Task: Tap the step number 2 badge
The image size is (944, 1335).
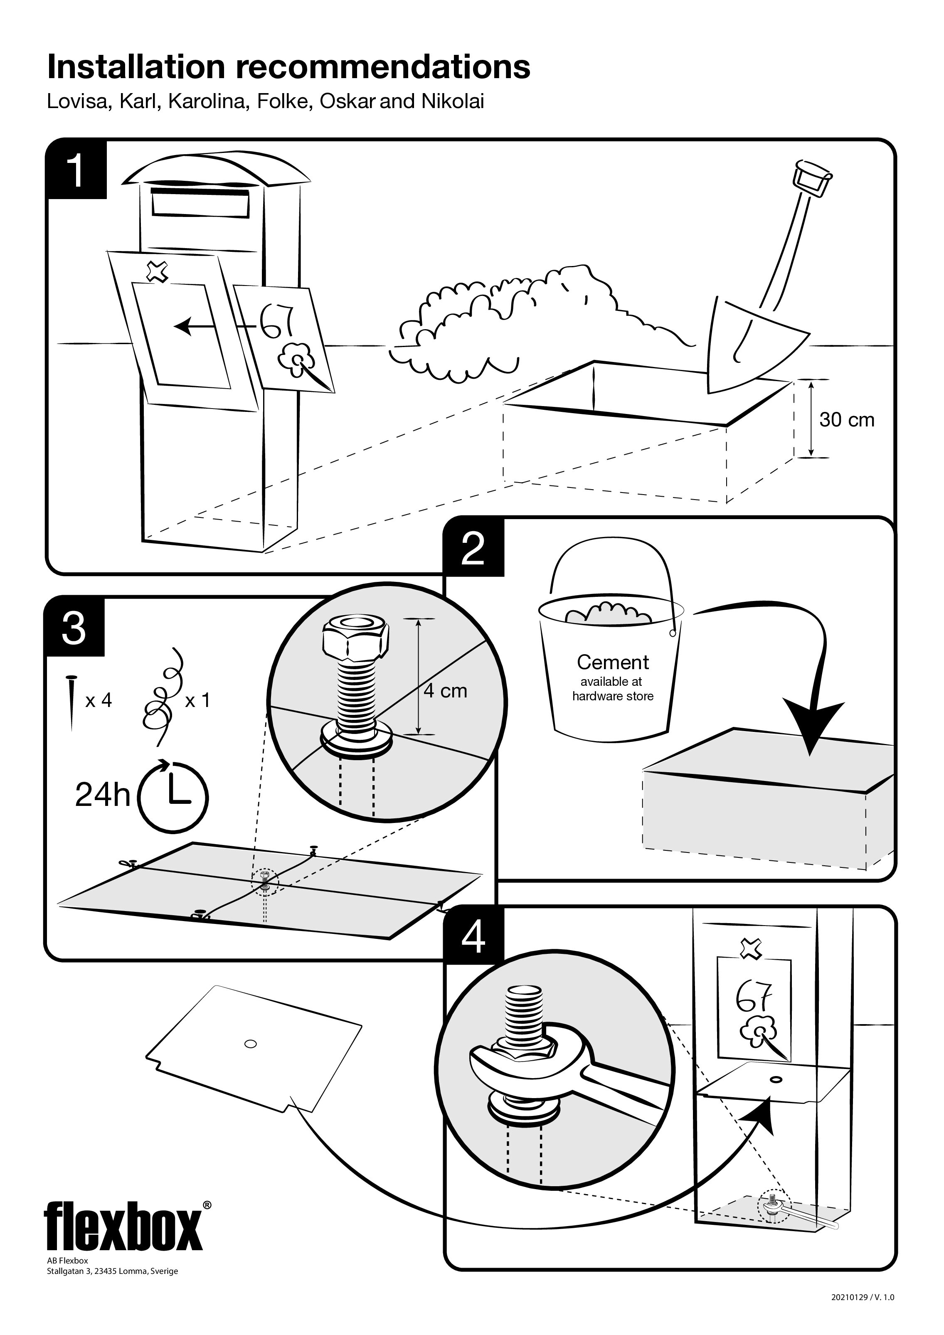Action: coord(473,547)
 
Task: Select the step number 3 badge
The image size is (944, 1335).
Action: coord(74,627)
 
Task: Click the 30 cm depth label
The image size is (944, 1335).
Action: coord(846,420)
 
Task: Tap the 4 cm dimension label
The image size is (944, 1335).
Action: coord(445,691)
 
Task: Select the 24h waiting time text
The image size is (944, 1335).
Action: coord(102,794)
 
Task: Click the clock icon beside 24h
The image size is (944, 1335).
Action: coord(173,794)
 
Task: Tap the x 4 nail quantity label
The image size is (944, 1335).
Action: coord(98,700)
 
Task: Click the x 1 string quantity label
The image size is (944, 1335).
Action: coord(197,700)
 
